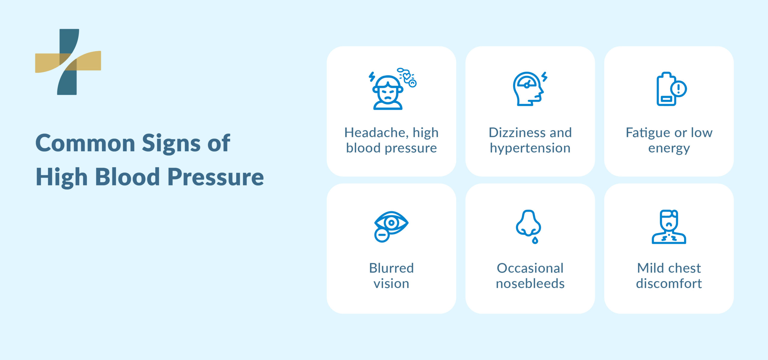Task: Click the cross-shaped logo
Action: click(68, 62)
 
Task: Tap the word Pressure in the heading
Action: click(215, 177)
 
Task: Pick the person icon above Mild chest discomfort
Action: click(669, 227)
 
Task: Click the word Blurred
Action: click(391, 268)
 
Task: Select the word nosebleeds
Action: click(530, 283)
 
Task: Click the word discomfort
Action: click(669, 283)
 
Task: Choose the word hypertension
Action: click(530, 148)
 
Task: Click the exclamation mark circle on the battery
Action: click(679, 89)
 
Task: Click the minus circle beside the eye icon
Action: click(382, 235)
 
